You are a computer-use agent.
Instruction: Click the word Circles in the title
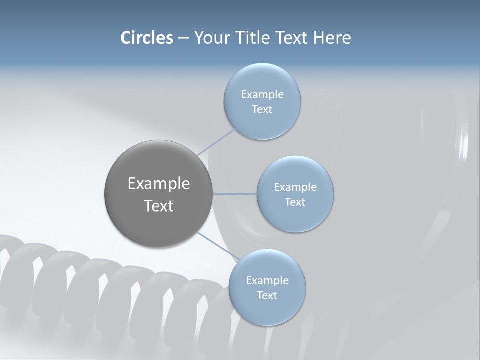(x=147, y=38)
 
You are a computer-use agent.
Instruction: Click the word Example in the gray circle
(x=158, y=184)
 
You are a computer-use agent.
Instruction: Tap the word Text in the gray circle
(x=158, y=206)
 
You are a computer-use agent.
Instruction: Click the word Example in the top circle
(x=262, y=94)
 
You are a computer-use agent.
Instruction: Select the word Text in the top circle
(x=262, y=109)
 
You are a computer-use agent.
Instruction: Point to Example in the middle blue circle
(x=295, y=187)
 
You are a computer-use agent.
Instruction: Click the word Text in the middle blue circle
(x=295, y=202)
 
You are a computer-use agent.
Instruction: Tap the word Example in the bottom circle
(x=267, y=280)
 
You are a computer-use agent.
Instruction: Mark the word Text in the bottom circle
(x=267, y=295)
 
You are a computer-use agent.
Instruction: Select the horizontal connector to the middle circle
(x=235, y=194)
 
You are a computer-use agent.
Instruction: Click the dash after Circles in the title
(x=183, y=38)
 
